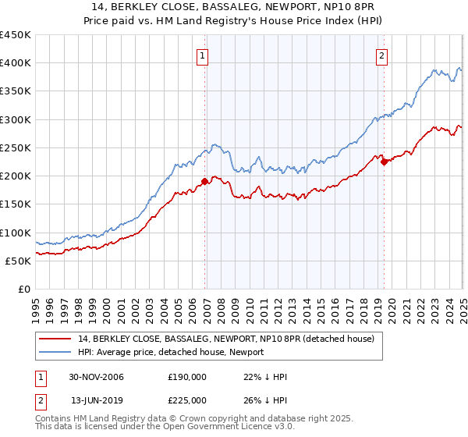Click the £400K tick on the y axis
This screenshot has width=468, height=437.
[x=15, y=63]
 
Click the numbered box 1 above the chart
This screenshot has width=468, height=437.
[x=202, y=55]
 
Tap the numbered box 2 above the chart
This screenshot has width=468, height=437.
[x=382, y=55]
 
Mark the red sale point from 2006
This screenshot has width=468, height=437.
[x=205, y=181]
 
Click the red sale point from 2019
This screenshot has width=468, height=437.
[x=384, y=162]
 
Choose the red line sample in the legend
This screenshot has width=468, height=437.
[x=55, y=339]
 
